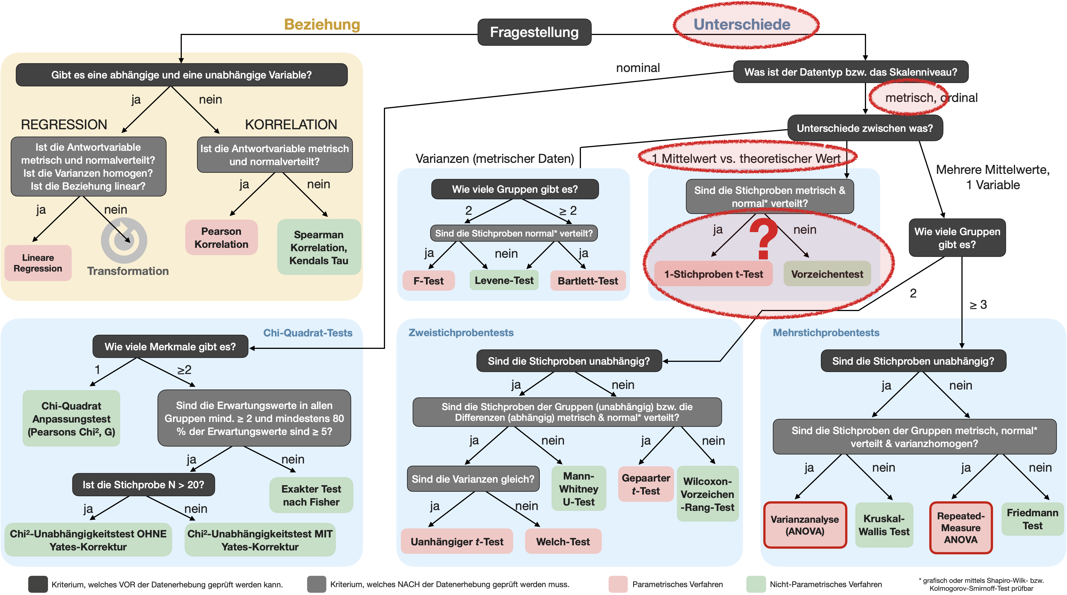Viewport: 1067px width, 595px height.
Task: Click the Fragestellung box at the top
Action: click(x=534, y=32)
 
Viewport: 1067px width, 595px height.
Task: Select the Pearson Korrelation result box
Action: click(x=221, y=237)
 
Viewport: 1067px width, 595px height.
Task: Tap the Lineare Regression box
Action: click(x=38, y=263)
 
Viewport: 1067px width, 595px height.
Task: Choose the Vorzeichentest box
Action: click(x=827, y=274)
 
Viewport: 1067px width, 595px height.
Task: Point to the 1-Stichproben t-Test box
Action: click(x=713, y=274)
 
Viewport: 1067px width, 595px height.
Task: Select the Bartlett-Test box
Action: click(x=588, y=281)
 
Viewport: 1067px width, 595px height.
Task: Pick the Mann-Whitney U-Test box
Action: click(x=579, y=489)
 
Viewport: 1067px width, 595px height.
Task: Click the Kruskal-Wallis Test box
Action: click(x=884, y=525)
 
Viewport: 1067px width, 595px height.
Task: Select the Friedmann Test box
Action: click(x=1032, y=519)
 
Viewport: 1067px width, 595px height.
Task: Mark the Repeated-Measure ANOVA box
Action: click(x=961, y=528)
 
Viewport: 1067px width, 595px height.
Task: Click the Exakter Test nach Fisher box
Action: click(x=311, y=495)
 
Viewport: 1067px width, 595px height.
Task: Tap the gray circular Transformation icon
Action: click(x=124, y=240)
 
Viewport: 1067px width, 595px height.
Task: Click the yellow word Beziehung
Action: click(x=322, y=25)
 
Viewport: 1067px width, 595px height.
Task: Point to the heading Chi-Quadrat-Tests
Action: click(x=308, y=333)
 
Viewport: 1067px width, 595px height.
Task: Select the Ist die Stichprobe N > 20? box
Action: click(x=143, y=484)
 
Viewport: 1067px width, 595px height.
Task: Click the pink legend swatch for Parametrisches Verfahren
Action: click(x=618, y=584)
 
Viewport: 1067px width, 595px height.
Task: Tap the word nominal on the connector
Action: click(x=638, y=68)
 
